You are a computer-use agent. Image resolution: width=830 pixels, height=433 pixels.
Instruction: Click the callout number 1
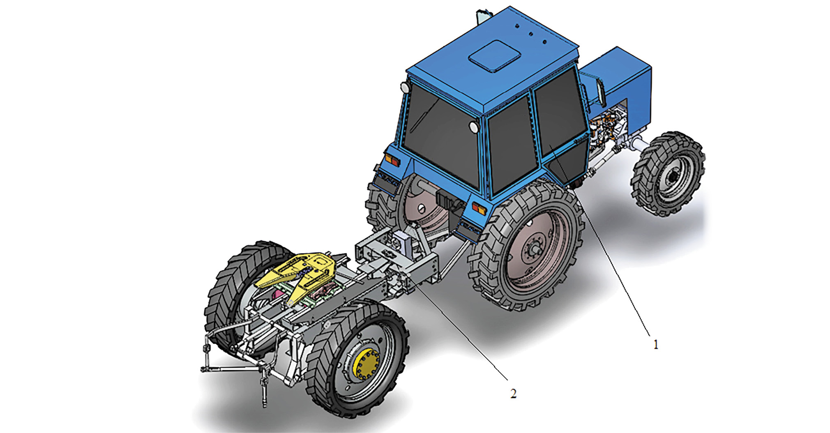pyautogui.click(x=656, y=344)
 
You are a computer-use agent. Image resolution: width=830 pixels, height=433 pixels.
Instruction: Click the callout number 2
pyautogui.click(x=513, y=394)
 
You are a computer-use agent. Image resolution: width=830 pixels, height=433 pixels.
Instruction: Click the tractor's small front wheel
pyautogui.click(x=667, y=174)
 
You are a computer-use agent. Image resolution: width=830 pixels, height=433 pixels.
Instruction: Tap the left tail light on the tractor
pyautogui.click(x=393, y=161)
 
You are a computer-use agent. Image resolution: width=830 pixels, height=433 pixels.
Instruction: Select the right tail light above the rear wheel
pyautogui.click(x=479, y=208)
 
